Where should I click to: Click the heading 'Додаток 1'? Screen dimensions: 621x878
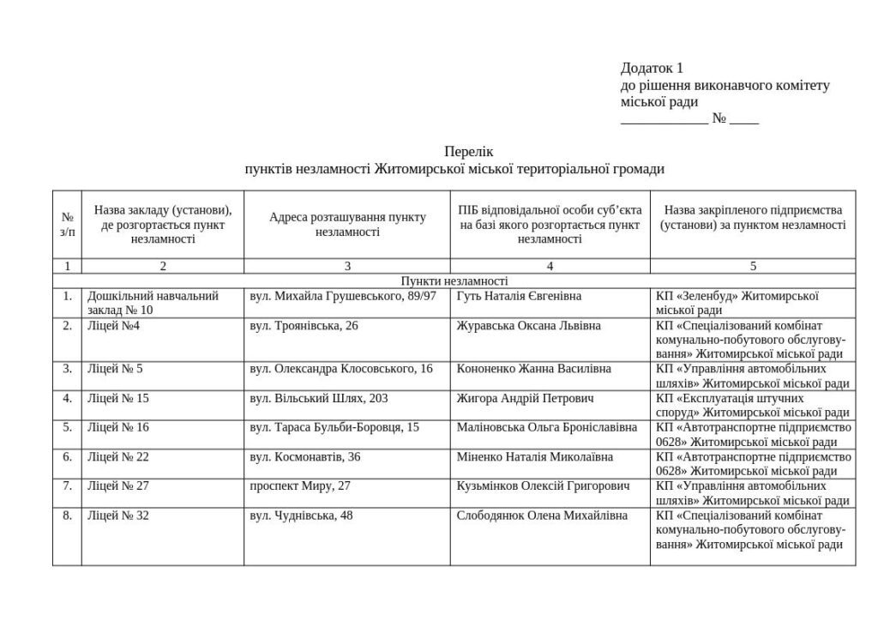coord(652,68)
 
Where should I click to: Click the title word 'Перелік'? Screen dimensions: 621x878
coord(468,152)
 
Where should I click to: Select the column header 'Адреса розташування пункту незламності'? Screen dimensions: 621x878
coord(347,225)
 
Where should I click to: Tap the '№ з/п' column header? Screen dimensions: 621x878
coord(67,225)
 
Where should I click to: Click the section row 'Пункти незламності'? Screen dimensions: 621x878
coord(454,281)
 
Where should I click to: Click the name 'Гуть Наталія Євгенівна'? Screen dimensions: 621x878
coord(519,296)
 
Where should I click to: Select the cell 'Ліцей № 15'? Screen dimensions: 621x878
coord(117,398)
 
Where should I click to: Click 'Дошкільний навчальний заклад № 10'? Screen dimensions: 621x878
coord(153,303)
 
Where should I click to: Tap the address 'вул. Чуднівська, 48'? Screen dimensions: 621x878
coord(301,515)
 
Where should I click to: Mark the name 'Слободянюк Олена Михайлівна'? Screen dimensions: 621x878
coord(542,515)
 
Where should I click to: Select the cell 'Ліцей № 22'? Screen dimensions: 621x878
coord(117,456)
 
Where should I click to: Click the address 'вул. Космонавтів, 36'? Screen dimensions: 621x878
coord(305,456)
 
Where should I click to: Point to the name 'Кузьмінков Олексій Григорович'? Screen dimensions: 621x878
coord(544,485)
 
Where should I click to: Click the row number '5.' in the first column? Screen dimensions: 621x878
coord(67,427)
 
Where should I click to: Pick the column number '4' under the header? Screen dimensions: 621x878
coord(550,266)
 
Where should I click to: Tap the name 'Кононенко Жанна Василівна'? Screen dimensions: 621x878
coord(534,369)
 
